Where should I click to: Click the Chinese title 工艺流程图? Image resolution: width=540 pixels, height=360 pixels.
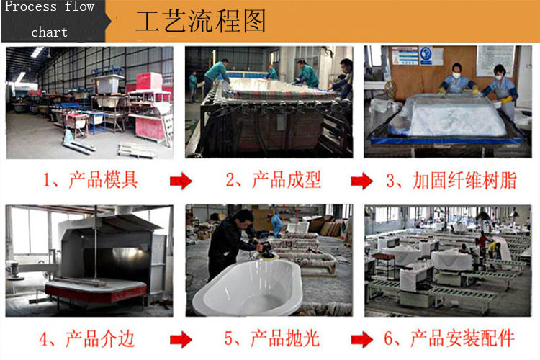pos(201,21)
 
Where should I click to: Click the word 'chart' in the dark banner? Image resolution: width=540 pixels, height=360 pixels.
pos(49,32)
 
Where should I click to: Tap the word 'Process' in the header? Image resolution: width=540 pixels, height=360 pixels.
pos(31,6)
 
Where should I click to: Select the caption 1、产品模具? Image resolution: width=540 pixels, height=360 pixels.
pos(90,180)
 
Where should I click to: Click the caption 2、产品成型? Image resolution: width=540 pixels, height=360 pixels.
pos(273,180)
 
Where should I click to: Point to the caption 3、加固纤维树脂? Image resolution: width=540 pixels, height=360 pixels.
pos(451,180)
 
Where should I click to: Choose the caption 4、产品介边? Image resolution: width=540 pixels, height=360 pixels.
pos(86,338)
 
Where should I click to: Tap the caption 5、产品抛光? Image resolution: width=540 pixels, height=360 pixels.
pos(272,338)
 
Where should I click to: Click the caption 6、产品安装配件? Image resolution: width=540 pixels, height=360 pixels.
pos(449,338)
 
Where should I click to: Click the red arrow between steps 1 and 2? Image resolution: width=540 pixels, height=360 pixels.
pos(181,181)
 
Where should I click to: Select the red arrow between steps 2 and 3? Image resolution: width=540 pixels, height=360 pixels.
pos(361,181)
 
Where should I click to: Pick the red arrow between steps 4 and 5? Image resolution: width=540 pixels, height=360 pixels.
pos(181,340)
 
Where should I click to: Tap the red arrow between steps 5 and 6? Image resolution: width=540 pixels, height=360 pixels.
pos(361,340)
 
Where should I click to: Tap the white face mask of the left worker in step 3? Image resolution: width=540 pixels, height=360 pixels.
pos(456,75)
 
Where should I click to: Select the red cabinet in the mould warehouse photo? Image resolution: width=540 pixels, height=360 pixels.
pos(149,82)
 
